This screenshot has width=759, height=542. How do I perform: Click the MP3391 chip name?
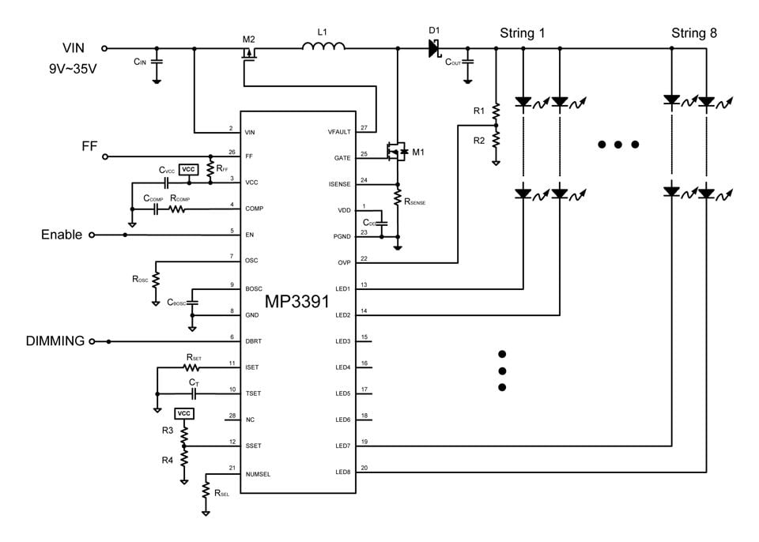point(297,303)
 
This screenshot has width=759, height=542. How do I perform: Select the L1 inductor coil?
point(323,47)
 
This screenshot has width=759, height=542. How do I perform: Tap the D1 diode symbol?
point(433,48)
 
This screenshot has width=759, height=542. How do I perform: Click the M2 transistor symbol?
point(249,55)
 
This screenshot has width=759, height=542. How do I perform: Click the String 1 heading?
point(522,33)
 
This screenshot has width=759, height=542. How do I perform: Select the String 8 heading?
point(693,33)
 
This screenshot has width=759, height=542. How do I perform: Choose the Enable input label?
point(61,235)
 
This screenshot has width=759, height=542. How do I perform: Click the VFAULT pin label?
point(339,131)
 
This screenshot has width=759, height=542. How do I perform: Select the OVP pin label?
point(344,262)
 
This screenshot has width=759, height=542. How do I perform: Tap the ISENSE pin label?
point(339,183)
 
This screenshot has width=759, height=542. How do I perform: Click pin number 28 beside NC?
point(231,415)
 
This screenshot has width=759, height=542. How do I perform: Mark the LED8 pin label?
point(342,472)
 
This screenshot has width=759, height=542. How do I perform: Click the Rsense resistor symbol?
point(398,194)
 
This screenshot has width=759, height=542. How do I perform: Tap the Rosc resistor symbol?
point(156,279)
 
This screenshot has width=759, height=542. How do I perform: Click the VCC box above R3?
point(184,414)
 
